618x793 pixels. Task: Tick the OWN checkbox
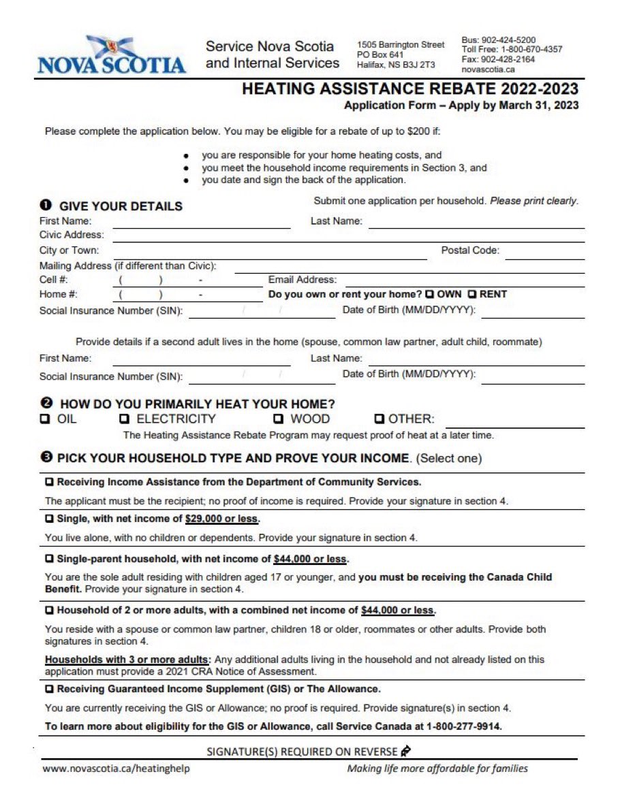(x=429, y=295)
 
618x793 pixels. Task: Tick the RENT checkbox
(x=472, y=295)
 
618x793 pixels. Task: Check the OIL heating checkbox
(x=46, y=419)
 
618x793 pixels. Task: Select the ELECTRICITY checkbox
(x=125, y=419)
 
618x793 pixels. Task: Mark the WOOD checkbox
(x=279, y=419)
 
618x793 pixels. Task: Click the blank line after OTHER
(x=514, y=422)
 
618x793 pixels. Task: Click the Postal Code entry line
(x=544, y=254)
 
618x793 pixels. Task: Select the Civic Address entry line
(x=347, y=238)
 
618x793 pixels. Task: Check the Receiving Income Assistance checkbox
(x=49, y=482)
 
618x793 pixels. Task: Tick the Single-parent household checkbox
(x=49, y=559)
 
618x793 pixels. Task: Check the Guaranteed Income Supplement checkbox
(x=49, y=689)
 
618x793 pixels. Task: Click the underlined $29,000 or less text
(x=222, y=519)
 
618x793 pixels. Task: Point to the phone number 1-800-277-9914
(x=464, y=726)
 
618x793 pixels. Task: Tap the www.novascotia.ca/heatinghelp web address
(x=116, y=768)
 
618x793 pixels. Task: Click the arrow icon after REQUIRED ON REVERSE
(x=406, y=751)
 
